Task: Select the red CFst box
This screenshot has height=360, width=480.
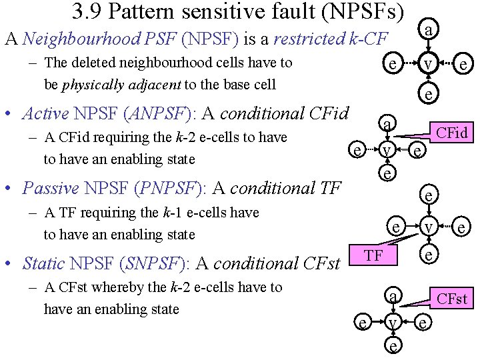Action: [451, 298]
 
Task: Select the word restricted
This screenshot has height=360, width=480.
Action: [309, 39]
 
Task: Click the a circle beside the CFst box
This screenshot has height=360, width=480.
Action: [394, 296]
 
